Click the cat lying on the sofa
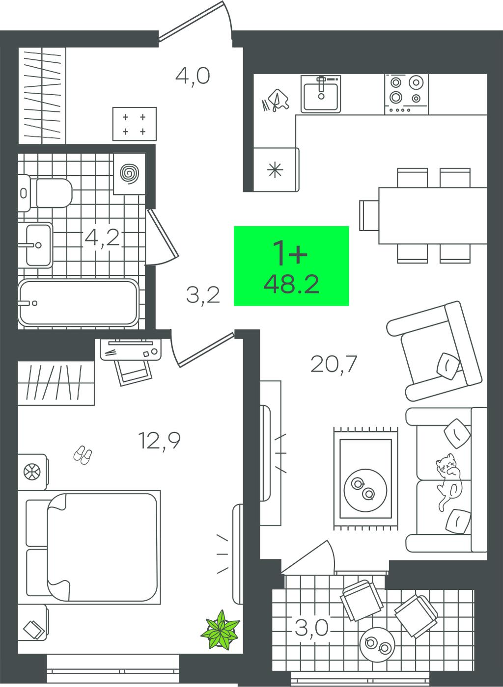[x=449, y=482]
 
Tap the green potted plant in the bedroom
[x=220, y=630]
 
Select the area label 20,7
[x=334, y=364]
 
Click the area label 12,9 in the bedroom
[x=159, y=441]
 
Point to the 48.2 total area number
[x=291, y=284]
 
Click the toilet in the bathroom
[x=46, y=193]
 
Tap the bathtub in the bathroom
[x=79, y=303]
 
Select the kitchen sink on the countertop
[x=321, y=94]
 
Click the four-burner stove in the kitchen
[x=406, y=94]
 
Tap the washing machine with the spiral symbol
[x=129, y=174]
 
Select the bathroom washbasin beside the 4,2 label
[x=35, y=245]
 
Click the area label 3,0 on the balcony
[x=312, y=628]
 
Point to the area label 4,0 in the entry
[x=193, y=77]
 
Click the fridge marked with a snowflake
[x=276, y=170]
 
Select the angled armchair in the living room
[x=434, y=350]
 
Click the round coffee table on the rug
[x=365, y=490]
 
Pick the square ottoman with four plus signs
[x=135, y=124]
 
